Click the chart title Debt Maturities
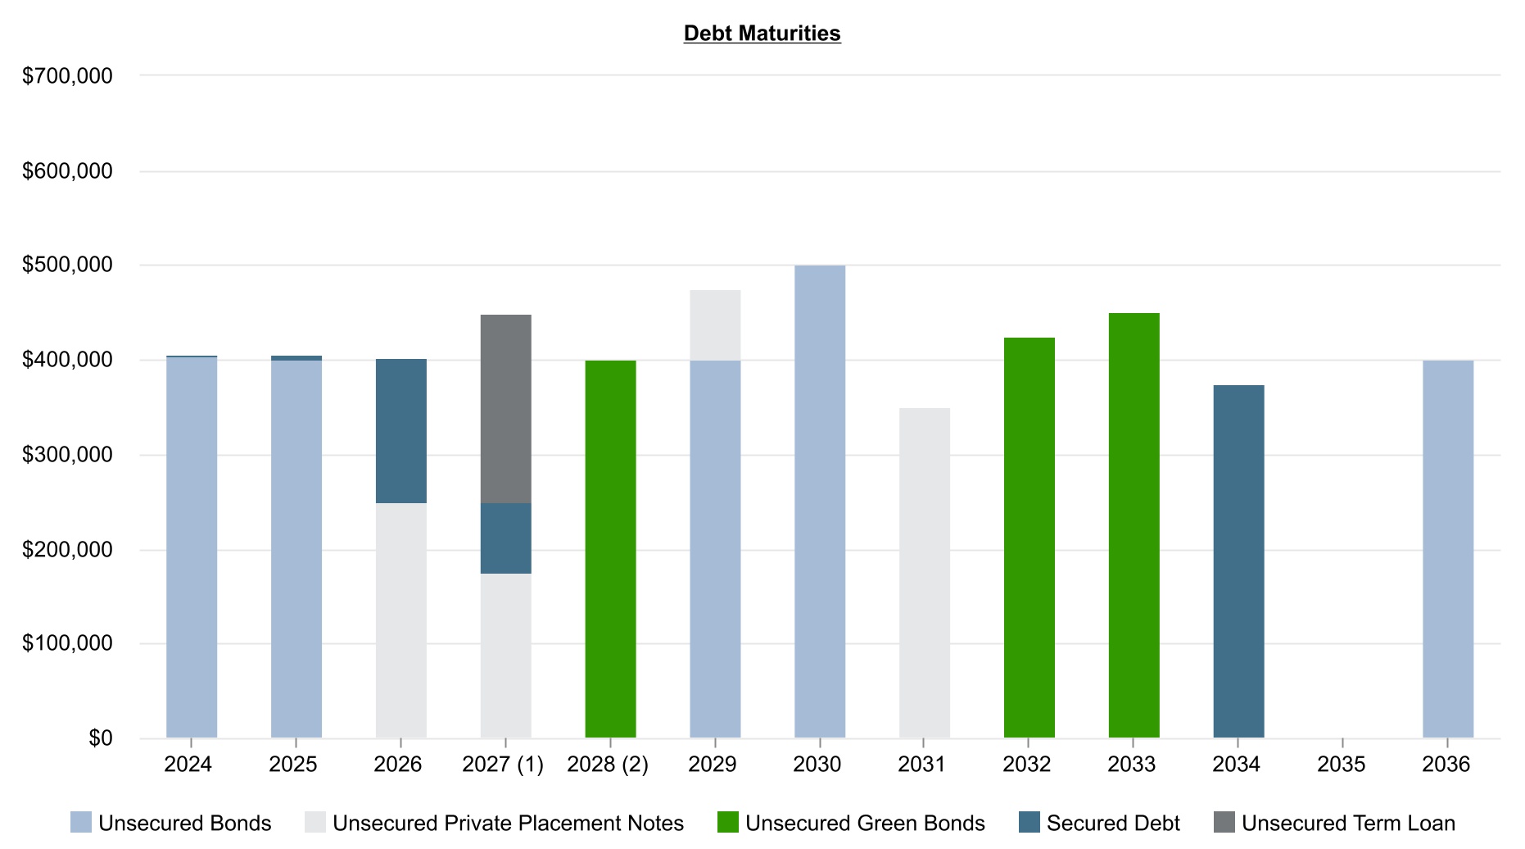pyautogui.click(x=762, y=34)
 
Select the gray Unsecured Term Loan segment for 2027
pyautogui.click(x=505, y=408)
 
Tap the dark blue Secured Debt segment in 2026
pyautogui.click(x=400, y=430)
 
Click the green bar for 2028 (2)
pyautogui.click(x=610, y=549)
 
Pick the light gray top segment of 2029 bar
pyautogui.click(x=715, y=325)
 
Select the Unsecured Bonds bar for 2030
pyautogui.click(x=820, y=502)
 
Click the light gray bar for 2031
pyautogui.click(x=925, y=573)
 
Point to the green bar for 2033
pyautogui.click(x=1134, y=525)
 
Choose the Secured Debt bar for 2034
pyautogui.click(x=1238, y=561)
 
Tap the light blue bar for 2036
pyautogui.click(x=1447, y=549)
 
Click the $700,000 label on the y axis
pyautogui.click(x=67, y=76)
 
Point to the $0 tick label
pyautogui.click(x=100, y=738)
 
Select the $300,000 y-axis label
pyautogui.click(x=67, y=455)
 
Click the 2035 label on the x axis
pyautogui.click(x=1341, y=765)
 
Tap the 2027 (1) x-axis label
pyautogui.click(x=503, y=765)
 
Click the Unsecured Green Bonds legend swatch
pyautogui.click(x=727, y=822)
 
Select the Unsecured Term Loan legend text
pyautogui.click(x=1348, y=823)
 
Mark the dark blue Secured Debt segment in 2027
pyautogui.click(x=505, y=538)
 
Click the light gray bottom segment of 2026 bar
pyautogui.click(x=400, y=620)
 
